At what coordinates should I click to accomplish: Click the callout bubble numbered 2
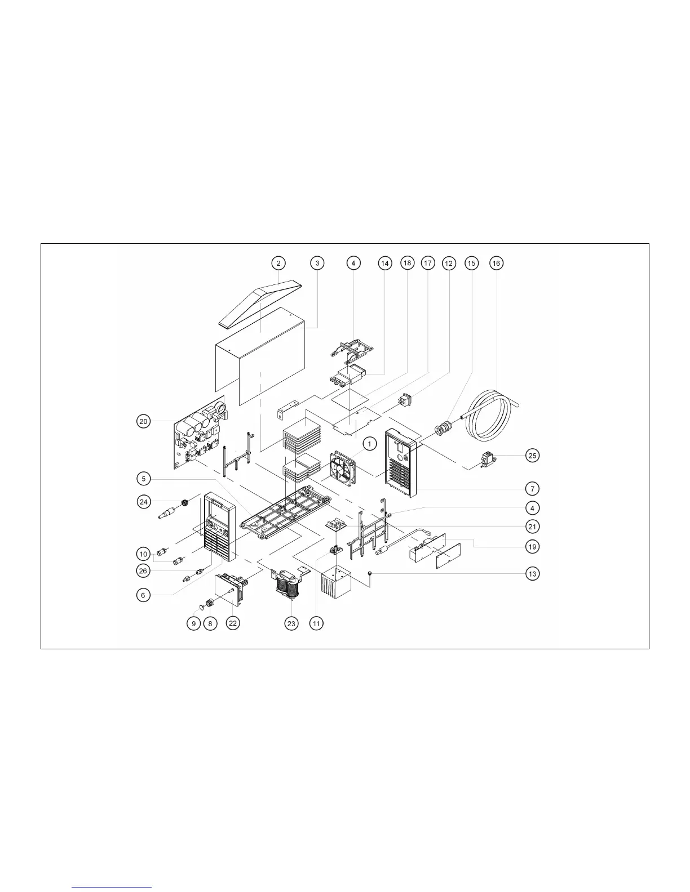point(278,263)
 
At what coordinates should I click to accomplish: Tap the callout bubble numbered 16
point(496,263)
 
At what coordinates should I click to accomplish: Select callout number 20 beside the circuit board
point(143,421)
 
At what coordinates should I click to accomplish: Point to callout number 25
point(532,455)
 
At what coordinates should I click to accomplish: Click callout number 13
point(532,573)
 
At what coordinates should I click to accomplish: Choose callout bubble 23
point(291,623)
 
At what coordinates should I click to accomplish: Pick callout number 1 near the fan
point(369,444)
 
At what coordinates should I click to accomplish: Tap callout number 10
point(143,554)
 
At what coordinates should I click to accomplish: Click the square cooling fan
point(343,468)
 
